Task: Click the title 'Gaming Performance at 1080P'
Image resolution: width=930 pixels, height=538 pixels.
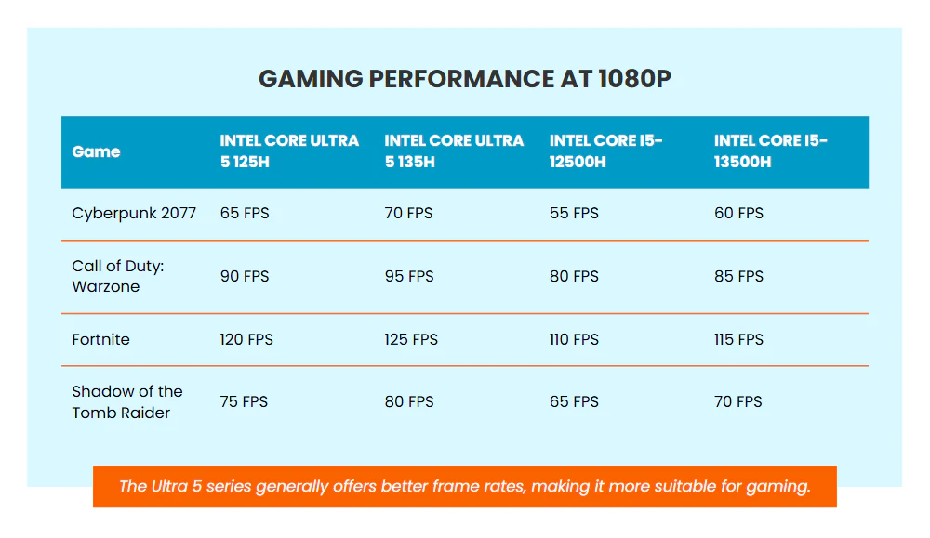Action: [464, 79]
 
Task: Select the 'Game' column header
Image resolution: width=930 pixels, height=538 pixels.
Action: [96, 151]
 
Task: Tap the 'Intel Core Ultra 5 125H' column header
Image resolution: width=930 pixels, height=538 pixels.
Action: [289, 151]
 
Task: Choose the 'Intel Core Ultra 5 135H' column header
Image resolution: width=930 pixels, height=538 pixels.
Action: [454, 151]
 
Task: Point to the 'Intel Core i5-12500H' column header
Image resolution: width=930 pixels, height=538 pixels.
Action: [605, 151]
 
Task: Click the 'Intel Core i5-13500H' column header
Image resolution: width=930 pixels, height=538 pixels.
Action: [770, 151]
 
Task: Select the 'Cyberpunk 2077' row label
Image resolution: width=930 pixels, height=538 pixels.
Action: [134, 214]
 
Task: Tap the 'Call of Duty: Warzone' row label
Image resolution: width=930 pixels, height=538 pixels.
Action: [118, 277]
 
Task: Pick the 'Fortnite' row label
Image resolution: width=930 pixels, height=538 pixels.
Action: [100, 339]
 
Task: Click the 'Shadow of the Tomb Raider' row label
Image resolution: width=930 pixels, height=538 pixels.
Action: [127, 402]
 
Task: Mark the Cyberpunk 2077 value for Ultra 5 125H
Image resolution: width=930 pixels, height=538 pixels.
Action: [245, 214]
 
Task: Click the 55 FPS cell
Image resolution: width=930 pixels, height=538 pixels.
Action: [574, 214]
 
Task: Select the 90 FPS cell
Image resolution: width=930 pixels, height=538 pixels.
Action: [245, 277]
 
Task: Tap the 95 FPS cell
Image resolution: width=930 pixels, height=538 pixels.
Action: [409, 277]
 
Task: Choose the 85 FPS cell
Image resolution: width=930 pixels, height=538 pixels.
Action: [738, 277]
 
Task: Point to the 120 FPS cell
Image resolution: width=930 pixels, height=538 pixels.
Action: [246, 339]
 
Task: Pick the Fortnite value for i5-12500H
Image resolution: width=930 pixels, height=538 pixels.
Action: [574, 339]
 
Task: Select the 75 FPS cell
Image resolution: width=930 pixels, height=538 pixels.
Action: [244, 402]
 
